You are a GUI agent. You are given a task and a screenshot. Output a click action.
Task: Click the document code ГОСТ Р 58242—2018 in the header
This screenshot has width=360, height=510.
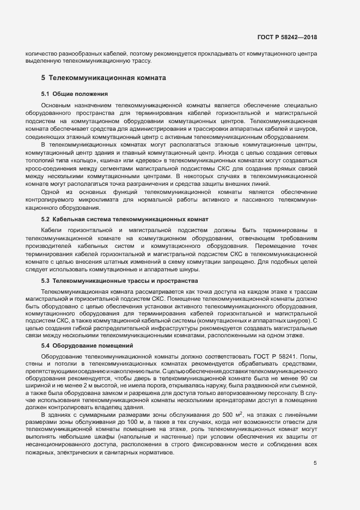click(x=287, y=37)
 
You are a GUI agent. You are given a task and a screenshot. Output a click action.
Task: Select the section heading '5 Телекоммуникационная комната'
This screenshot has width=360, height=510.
click(x=103, y=78)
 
